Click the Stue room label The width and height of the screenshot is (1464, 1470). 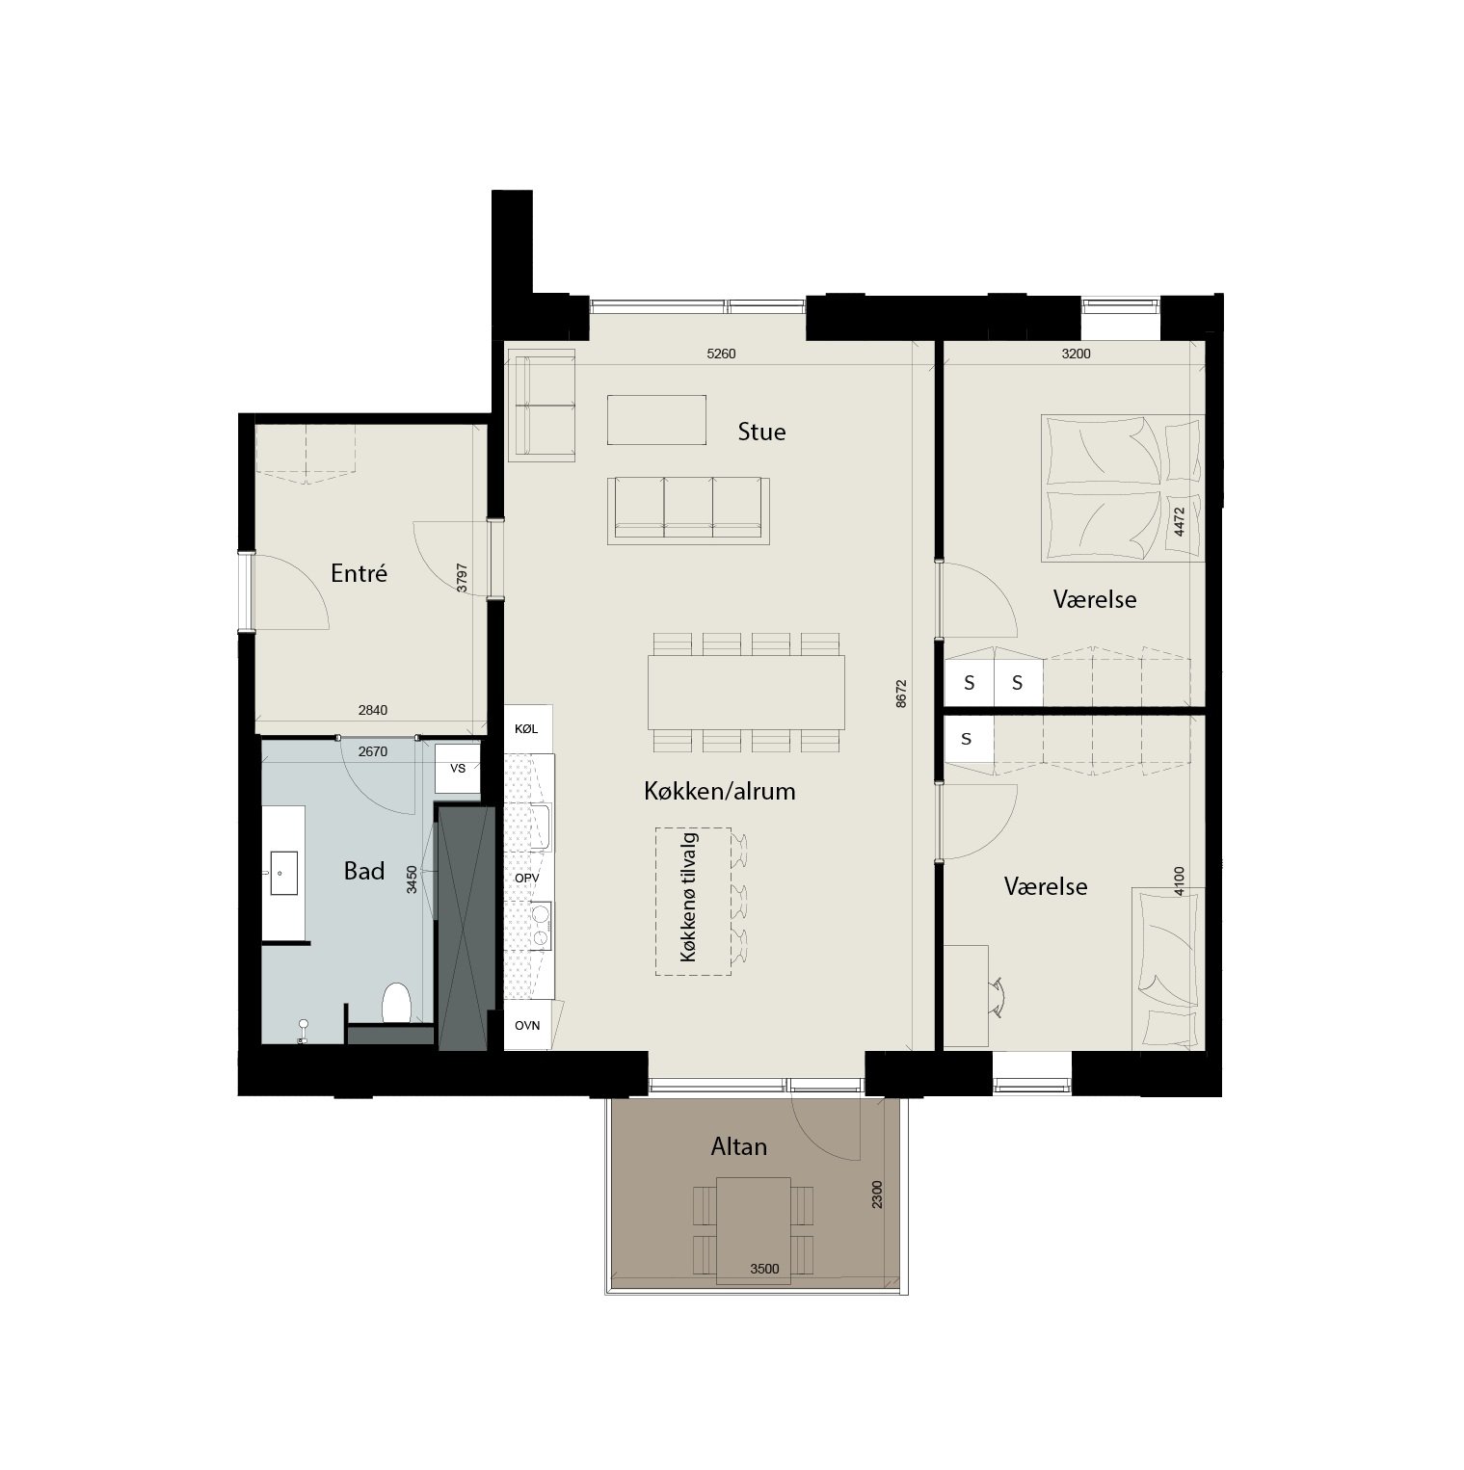(761, 432)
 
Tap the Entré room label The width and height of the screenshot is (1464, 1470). (359, 573)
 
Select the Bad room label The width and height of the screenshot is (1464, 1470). (364, 871)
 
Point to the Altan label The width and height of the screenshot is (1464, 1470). (739, 1146)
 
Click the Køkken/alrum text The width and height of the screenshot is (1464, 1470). (720, 792)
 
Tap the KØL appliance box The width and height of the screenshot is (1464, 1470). (527, 729)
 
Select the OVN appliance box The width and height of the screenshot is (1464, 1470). (527, 1026)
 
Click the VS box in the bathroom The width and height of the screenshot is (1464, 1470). (458, 769)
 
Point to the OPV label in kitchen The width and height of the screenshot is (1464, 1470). (526, 879)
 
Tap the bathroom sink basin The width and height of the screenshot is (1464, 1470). (283, 873)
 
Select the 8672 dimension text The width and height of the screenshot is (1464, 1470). (901, 695)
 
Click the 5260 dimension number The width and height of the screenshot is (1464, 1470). (721, 354)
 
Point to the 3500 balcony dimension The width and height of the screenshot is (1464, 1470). (764, 1269)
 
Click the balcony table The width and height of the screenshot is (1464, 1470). (755, 1230)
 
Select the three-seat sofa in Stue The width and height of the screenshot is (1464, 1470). (688, 509)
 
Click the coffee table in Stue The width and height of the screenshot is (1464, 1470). (656, 420)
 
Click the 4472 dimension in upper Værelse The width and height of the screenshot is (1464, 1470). (1177, 521)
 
